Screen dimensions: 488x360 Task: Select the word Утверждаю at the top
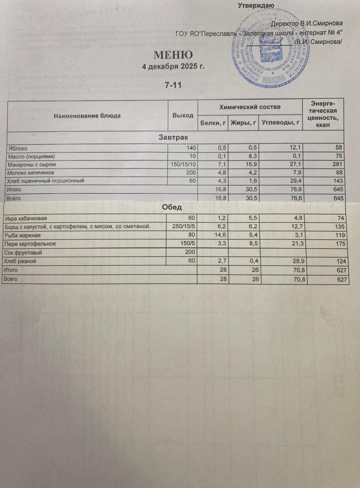click(256, 6)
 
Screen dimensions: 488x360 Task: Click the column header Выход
click(183, 115)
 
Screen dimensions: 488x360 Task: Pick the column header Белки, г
click(213, 123)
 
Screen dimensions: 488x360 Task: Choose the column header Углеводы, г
click(281, 123)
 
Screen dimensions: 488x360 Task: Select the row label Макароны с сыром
click(32, 164)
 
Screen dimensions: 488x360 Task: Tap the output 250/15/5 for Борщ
click(183, 227)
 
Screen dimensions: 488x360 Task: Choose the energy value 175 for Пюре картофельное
click(341, 244)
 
